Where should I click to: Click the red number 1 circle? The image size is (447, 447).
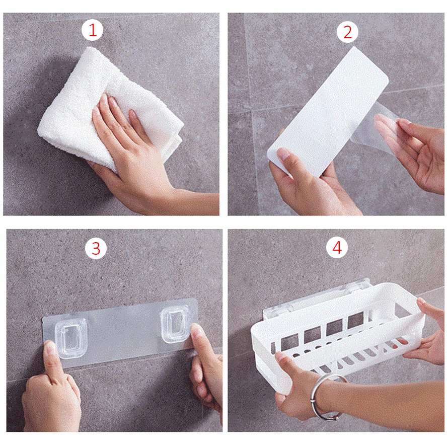coord(93,30)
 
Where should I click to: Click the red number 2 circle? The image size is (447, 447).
coord(347,32)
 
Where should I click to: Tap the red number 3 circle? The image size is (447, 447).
coord(96,248)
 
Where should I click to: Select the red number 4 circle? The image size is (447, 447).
coord(337,247)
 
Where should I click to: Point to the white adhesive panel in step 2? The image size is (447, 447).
coord(328,114)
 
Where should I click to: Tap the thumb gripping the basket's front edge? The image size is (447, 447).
coord(288,360)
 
